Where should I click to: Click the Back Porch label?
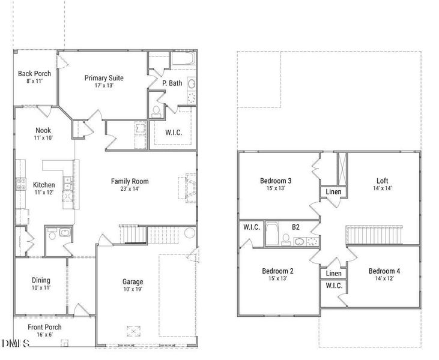(34, 74)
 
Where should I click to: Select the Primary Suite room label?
(104, 78)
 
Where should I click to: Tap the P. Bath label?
(172, 83)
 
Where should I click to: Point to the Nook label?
(43, 130)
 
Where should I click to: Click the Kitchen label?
(44, 185)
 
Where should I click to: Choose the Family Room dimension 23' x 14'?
(129, 189)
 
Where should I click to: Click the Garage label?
(133, 281)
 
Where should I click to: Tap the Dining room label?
(41, 280)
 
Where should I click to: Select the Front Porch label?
(44, 327)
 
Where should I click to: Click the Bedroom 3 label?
(276, 181)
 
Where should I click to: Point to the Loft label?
(383, 181)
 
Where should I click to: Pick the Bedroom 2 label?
(276, 271)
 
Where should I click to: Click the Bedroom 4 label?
(384, 271)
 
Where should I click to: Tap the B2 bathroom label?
(296, 227)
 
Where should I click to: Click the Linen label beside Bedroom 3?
(334, 192)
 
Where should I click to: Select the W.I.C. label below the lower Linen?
(334, 286)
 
